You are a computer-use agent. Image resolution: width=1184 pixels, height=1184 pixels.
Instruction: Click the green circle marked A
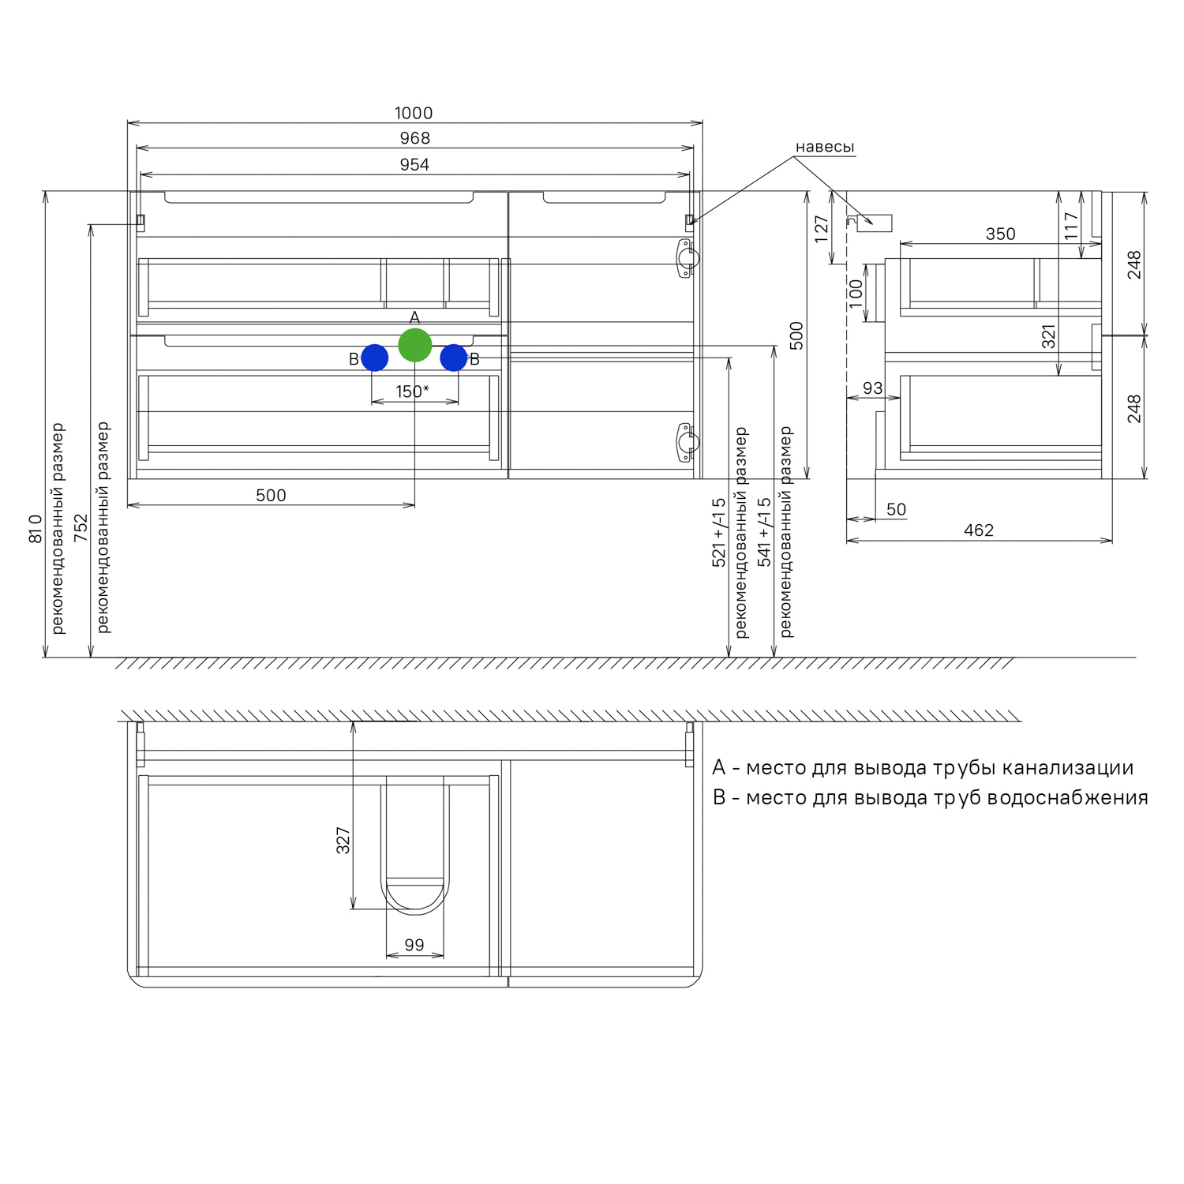click(414, 345)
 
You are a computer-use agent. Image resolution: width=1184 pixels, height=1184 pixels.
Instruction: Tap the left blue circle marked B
click(374, 358)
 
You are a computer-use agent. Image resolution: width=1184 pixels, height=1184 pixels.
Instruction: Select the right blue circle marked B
click(454, 358)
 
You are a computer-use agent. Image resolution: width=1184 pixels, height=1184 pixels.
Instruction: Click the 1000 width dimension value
click(414, 113)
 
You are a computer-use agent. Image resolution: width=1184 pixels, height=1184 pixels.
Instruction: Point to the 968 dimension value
click(414, 138)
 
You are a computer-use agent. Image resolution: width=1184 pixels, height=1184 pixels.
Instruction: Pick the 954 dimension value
click(414, 165)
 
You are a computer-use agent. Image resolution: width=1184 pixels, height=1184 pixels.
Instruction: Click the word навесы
click(825, 147)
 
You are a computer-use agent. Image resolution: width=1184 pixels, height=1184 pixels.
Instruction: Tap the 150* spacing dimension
click(412, 392)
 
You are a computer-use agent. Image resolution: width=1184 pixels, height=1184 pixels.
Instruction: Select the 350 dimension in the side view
click(1000, 234)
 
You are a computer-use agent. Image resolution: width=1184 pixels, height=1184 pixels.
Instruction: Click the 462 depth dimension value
click(979, 530)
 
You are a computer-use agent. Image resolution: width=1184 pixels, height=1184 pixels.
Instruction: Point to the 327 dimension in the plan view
click(343, 841)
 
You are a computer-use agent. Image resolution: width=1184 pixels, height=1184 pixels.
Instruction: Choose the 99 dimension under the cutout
click(414, 945)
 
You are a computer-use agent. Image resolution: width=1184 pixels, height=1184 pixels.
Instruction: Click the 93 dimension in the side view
click(872, 388)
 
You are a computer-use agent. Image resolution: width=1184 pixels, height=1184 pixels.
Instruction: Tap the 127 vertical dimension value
click(822, 229)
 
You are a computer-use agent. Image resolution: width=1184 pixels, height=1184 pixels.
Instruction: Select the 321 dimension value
click(1048, 337)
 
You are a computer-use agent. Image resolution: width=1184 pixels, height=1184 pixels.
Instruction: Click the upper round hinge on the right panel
click(687, 258)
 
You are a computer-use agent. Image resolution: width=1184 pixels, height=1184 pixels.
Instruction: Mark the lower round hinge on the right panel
click(687, 442)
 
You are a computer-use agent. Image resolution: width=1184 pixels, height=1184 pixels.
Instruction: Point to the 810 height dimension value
click(36, 529)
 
